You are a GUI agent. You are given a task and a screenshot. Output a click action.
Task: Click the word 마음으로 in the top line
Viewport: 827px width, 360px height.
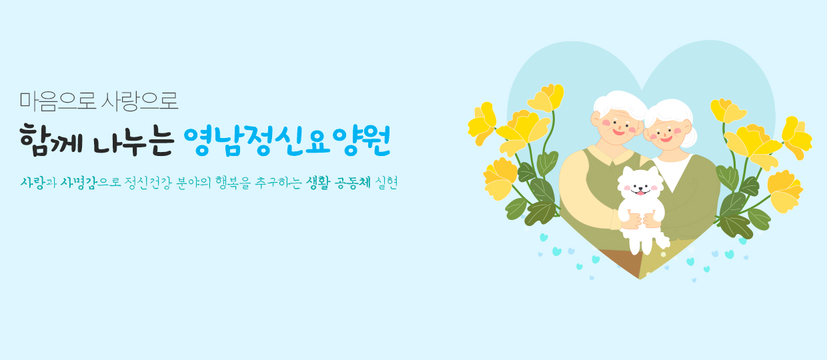tap(57, 101)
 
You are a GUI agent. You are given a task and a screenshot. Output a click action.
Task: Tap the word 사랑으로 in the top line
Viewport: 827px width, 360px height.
tap(139, 101)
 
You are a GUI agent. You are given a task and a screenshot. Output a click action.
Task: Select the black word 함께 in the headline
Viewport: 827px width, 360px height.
tap(51, 141)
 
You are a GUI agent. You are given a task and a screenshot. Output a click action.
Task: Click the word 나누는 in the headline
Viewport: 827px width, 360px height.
tap(133, 141)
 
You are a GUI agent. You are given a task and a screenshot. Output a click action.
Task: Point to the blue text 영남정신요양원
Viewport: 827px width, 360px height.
tap(287, 141)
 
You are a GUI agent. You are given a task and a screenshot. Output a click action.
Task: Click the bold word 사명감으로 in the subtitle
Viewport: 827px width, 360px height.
tap(91, 183)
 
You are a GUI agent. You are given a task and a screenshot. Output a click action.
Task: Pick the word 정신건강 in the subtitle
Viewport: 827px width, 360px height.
tap(148, 183)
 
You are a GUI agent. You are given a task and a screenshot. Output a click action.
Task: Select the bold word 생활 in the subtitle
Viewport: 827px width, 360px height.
tap(318, 183)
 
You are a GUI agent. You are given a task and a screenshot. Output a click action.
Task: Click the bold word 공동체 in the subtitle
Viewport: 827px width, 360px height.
tap(353, 183)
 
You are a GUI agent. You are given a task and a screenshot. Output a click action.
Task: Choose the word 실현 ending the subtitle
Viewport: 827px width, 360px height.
tap(385, 183)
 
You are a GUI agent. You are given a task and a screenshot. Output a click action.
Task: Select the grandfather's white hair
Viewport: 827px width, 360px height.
tap(621, 102)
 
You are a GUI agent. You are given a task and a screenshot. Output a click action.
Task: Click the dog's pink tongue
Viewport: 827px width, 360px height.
tap(640, 193)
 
